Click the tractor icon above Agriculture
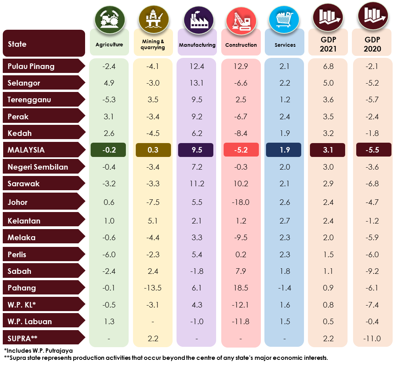tap(110, 19)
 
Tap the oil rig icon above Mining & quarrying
tap(154, 19)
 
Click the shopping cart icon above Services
tap(284, 19)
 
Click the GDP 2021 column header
tap(328, 44)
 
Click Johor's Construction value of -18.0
tap(241, 202)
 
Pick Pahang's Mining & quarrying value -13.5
tap(153, 288)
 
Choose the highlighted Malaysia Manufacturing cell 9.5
tap(196, 150)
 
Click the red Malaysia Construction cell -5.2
tap(241, 150)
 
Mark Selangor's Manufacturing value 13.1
tap(196, 83)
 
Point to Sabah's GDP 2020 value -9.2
tap(372, 271)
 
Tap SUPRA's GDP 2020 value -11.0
tap(372, 338)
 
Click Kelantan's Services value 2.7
tap(285, 221)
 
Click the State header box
tap(44, 43)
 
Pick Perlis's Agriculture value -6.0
tap(109, 254)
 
